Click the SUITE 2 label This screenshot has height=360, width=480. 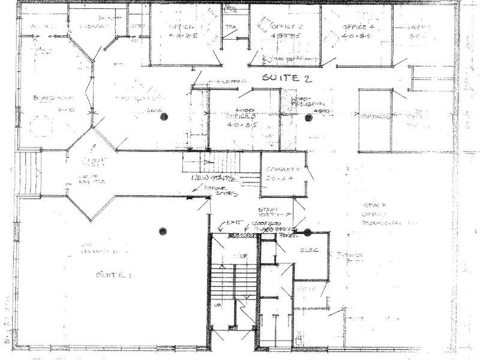click(286, 79)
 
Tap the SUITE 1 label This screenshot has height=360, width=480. click(113, 275)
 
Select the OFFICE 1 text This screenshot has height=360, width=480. click(181, 28)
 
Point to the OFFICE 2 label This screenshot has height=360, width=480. click(287, 28)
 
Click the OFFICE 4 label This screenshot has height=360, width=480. click(358, 28)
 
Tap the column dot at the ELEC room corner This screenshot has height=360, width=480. click(307, 232)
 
